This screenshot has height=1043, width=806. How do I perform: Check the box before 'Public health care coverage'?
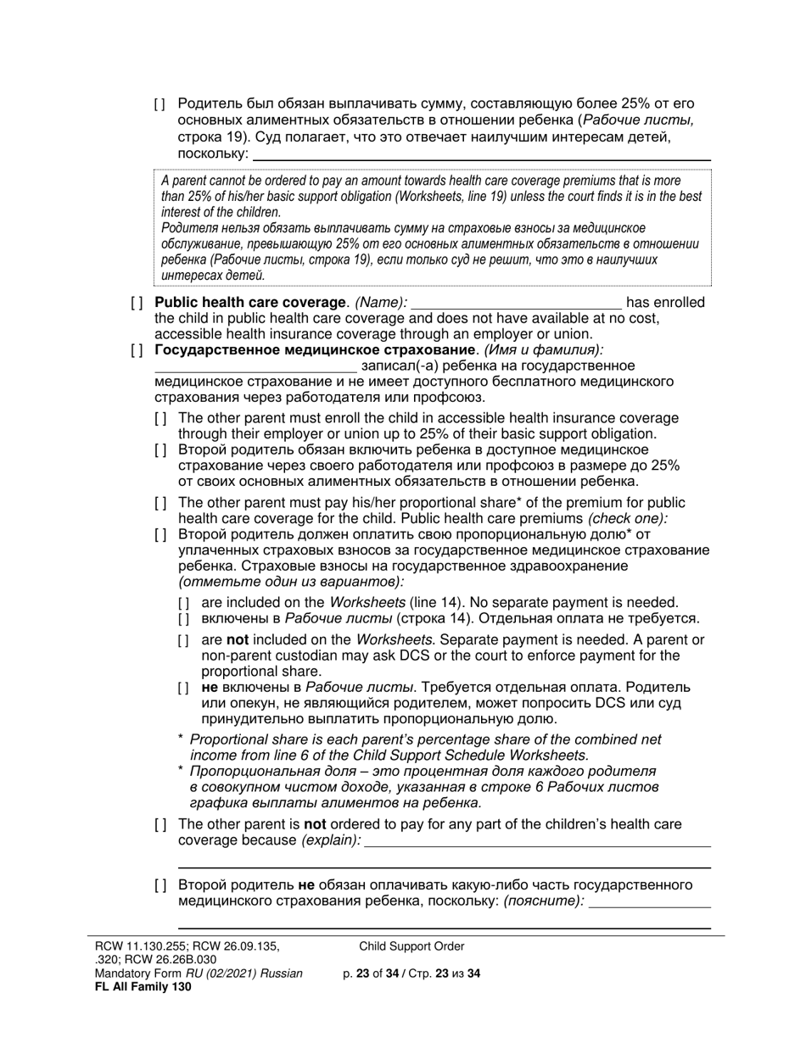click(137, 304)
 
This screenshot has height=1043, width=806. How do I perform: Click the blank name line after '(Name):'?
click(516, 304)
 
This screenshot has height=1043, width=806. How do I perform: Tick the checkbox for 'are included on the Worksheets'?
click(184, 603)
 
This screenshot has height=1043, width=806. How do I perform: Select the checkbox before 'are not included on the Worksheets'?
click(184, 641)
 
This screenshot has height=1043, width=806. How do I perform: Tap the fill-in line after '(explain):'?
click(537, 840)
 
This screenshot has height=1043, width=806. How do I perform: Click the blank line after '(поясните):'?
click(649, 901)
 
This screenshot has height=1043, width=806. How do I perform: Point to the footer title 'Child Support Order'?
click(411, 946)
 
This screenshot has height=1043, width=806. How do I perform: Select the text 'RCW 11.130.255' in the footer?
click(134, 946)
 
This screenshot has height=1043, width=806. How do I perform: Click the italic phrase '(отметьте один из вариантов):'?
click(291, 582)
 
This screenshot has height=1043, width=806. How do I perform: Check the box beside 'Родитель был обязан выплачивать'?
click(160, 105)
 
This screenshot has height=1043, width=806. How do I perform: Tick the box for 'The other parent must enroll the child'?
click(160, 419)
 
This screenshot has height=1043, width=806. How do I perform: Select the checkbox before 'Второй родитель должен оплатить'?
click(160, 535)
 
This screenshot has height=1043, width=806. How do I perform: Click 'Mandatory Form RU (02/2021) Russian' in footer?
click(199, 973)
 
